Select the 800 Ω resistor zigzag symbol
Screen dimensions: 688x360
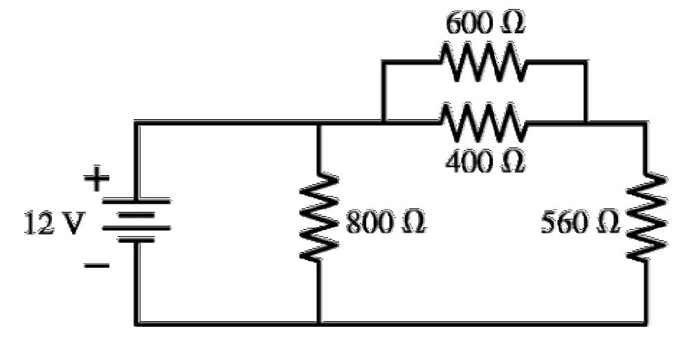coord(320,217)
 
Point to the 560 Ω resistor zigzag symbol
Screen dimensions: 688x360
coord(646,217)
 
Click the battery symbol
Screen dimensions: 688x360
coord(136,220)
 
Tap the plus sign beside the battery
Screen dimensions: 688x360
coord(96,179)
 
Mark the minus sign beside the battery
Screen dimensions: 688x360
coord(96,266)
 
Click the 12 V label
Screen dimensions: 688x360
coord(53,223)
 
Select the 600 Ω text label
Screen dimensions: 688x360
coord(485,23)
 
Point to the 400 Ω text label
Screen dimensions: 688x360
coord(485,161)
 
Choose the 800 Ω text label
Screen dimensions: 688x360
coord(386,222)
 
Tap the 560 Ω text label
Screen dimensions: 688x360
coord(581,222)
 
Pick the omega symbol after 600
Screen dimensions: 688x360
coord(512,24)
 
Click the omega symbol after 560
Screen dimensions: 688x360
coord(608,223)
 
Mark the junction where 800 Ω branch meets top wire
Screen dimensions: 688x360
coord(320,123)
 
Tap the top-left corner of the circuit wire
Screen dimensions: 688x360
coord(136,123)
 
